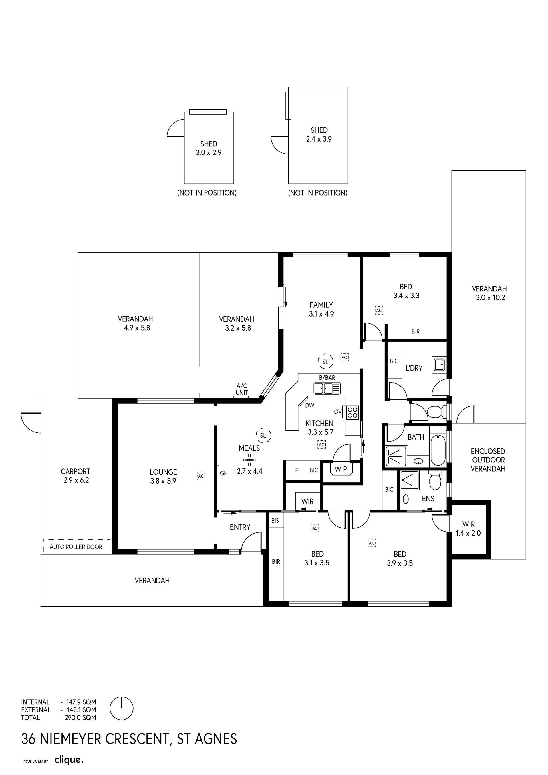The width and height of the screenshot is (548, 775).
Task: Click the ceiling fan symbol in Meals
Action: click(249, 460)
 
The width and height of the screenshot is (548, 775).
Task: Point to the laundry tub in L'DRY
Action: click(439, 365)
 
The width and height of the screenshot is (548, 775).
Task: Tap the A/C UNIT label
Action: click(242, 389)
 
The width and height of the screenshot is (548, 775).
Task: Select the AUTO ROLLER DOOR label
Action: click(76, 547)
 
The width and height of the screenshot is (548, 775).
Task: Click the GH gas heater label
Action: click(224, 473)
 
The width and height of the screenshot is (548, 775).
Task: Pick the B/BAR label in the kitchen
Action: click(327, 377)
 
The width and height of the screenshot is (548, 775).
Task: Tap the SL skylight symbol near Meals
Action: click(263, 435)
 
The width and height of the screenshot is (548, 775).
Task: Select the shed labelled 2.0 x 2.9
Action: click(209, 148)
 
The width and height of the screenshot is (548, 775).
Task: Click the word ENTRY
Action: click(240, 527)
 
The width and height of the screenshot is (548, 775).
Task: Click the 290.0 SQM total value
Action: click(81, 718)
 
